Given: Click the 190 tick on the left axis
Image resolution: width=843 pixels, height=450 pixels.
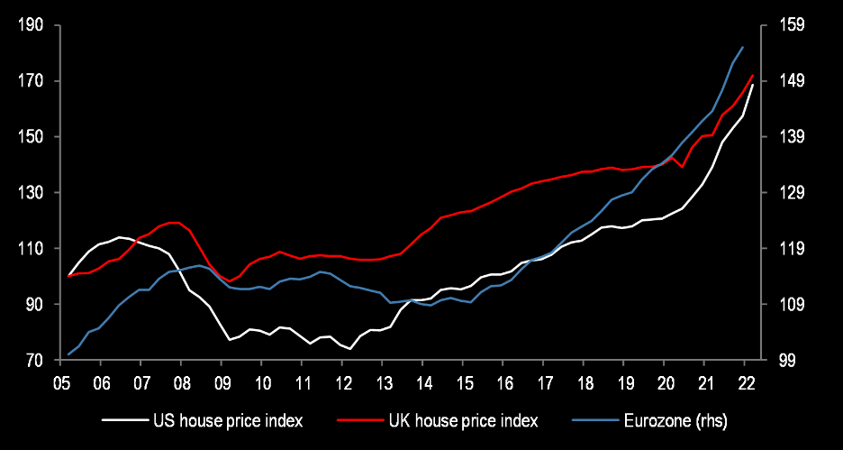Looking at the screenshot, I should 32,25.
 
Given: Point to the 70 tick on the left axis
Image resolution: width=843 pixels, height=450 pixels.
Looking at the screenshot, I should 35,361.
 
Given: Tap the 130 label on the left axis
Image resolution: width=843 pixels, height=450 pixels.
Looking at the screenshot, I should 32,193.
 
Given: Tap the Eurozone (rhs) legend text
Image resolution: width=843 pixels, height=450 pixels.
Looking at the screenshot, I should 675,420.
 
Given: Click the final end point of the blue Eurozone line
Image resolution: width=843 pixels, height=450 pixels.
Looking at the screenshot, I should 742,47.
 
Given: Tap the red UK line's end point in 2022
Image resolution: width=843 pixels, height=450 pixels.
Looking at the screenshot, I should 753,75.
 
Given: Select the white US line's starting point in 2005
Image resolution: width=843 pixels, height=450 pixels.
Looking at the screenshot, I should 69,276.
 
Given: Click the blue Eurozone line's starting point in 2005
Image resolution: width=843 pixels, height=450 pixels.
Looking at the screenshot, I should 69,354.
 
